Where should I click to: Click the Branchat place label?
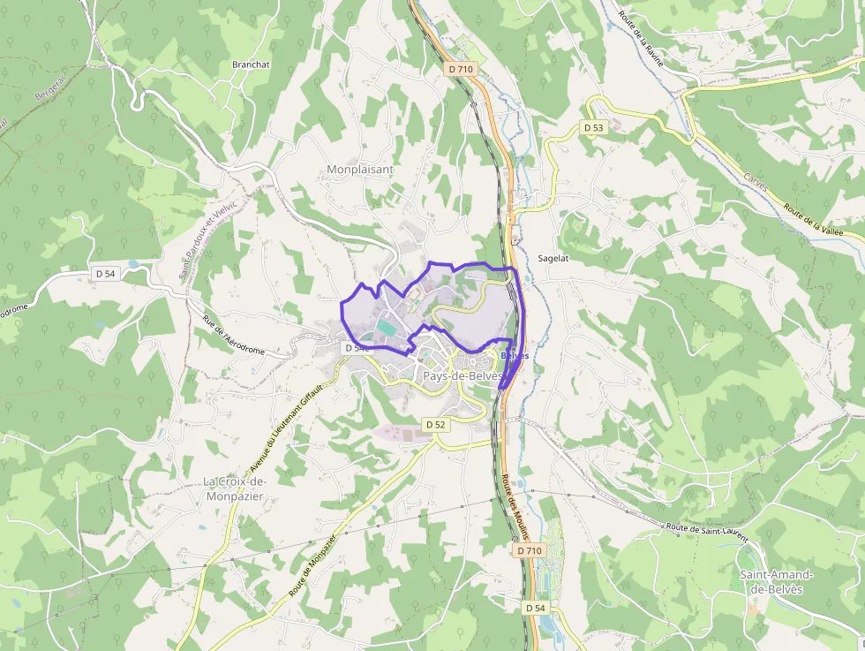(250, 64)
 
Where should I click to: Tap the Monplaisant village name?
(360, 169)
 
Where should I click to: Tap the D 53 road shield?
(594, 128)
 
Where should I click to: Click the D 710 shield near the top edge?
(461, 69)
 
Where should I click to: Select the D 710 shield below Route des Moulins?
(529, 550)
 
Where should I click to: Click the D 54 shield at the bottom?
(536, 608)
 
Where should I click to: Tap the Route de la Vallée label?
(813, 219)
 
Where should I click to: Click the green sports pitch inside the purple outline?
(387, 327)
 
